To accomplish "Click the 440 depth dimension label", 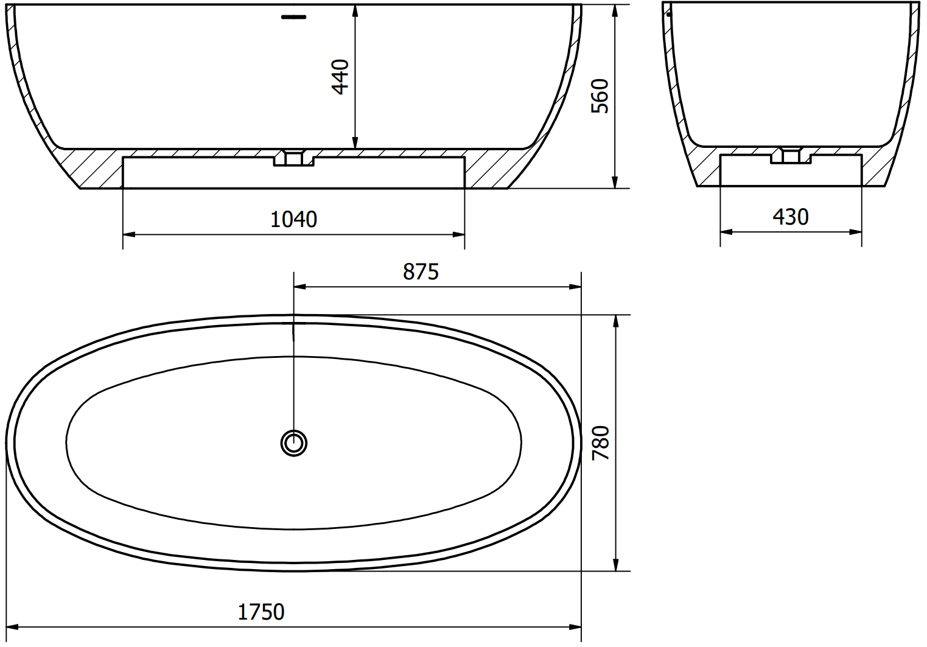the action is [341, 77].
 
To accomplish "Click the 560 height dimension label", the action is [600, 96].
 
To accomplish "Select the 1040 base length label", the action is [293, 219].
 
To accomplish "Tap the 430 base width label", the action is [791, 217].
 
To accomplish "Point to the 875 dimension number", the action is [421, 272].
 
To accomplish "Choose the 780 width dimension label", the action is [601, 443].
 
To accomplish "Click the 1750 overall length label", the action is [261, 612].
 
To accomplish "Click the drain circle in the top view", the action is [294, 443].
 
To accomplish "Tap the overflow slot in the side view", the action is [294, 17].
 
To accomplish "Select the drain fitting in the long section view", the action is [294, 158].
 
